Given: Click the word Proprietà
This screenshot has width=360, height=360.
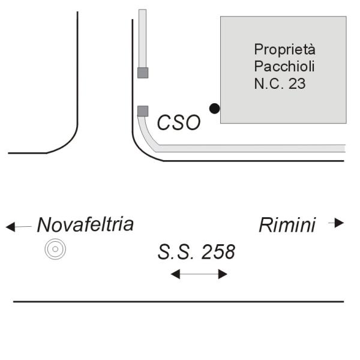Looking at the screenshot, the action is click(x=284, y=49).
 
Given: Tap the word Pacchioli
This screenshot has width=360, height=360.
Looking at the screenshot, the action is click(x=284, y=65).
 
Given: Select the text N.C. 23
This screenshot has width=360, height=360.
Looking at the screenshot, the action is click(x=280, y=83).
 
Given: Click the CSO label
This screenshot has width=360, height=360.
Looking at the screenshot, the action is click(x=178, y=123).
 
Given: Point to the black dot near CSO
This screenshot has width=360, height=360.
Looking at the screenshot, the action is click(x=214, y=109).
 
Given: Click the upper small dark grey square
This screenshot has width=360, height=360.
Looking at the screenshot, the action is click(x=143, y=73).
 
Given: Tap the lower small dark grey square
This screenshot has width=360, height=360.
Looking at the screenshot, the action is click(x=143, y=110).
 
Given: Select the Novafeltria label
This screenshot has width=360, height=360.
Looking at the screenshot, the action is click(x=85, y=225).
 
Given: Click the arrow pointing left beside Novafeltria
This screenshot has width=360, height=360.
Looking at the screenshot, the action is click(x=18, y=227).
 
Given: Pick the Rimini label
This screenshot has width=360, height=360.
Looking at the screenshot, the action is click(x=287, y=226).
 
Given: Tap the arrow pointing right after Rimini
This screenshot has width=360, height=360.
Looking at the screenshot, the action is click(x=337, y=223).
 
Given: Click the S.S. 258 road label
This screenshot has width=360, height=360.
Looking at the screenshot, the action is click(x=196, y=253).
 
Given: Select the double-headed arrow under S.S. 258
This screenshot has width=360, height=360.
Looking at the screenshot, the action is click(x=199, y=274).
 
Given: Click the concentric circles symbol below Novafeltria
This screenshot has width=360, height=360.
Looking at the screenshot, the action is click(x=55, y=249).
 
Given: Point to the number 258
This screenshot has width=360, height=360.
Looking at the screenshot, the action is click(x=218, y=253).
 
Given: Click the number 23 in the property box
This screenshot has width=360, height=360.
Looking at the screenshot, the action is click(x=296, y=83).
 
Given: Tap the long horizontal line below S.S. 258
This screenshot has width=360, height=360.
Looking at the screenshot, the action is click(x=179, y=301).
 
